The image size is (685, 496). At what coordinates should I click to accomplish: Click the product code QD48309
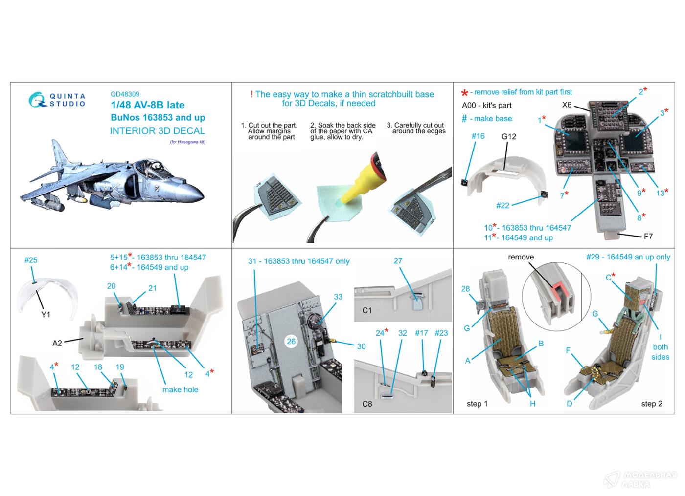pos(125,94)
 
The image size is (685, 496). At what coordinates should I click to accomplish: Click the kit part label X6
pos(567,105)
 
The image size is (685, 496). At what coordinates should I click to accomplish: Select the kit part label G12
pos(508,136)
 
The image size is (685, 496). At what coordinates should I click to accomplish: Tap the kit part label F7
pos(648,237)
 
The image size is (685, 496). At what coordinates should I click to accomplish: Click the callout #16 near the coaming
pos(478,136)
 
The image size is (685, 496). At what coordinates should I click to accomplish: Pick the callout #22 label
pos(502,206)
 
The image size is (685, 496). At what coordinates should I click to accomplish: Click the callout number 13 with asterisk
pos(662,193)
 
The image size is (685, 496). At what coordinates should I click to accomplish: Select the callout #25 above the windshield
pos(31,260)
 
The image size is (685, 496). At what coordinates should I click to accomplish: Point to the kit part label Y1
pos(46,314)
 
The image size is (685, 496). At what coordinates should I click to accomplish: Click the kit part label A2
pos(57,343)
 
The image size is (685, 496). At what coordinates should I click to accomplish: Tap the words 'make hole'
pos(180,390)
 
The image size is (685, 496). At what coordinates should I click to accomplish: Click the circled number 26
pos(291,341)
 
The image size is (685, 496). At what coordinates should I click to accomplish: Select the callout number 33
pos(338,297)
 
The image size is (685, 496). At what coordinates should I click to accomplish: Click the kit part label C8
pos(367,404)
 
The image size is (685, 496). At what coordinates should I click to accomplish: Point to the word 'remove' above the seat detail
pos(521,257)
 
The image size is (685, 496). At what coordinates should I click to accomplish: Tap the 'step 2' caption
pos(652,404)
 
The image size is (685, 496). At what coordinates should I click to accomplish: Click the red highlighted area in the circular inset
pos(559,291)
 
